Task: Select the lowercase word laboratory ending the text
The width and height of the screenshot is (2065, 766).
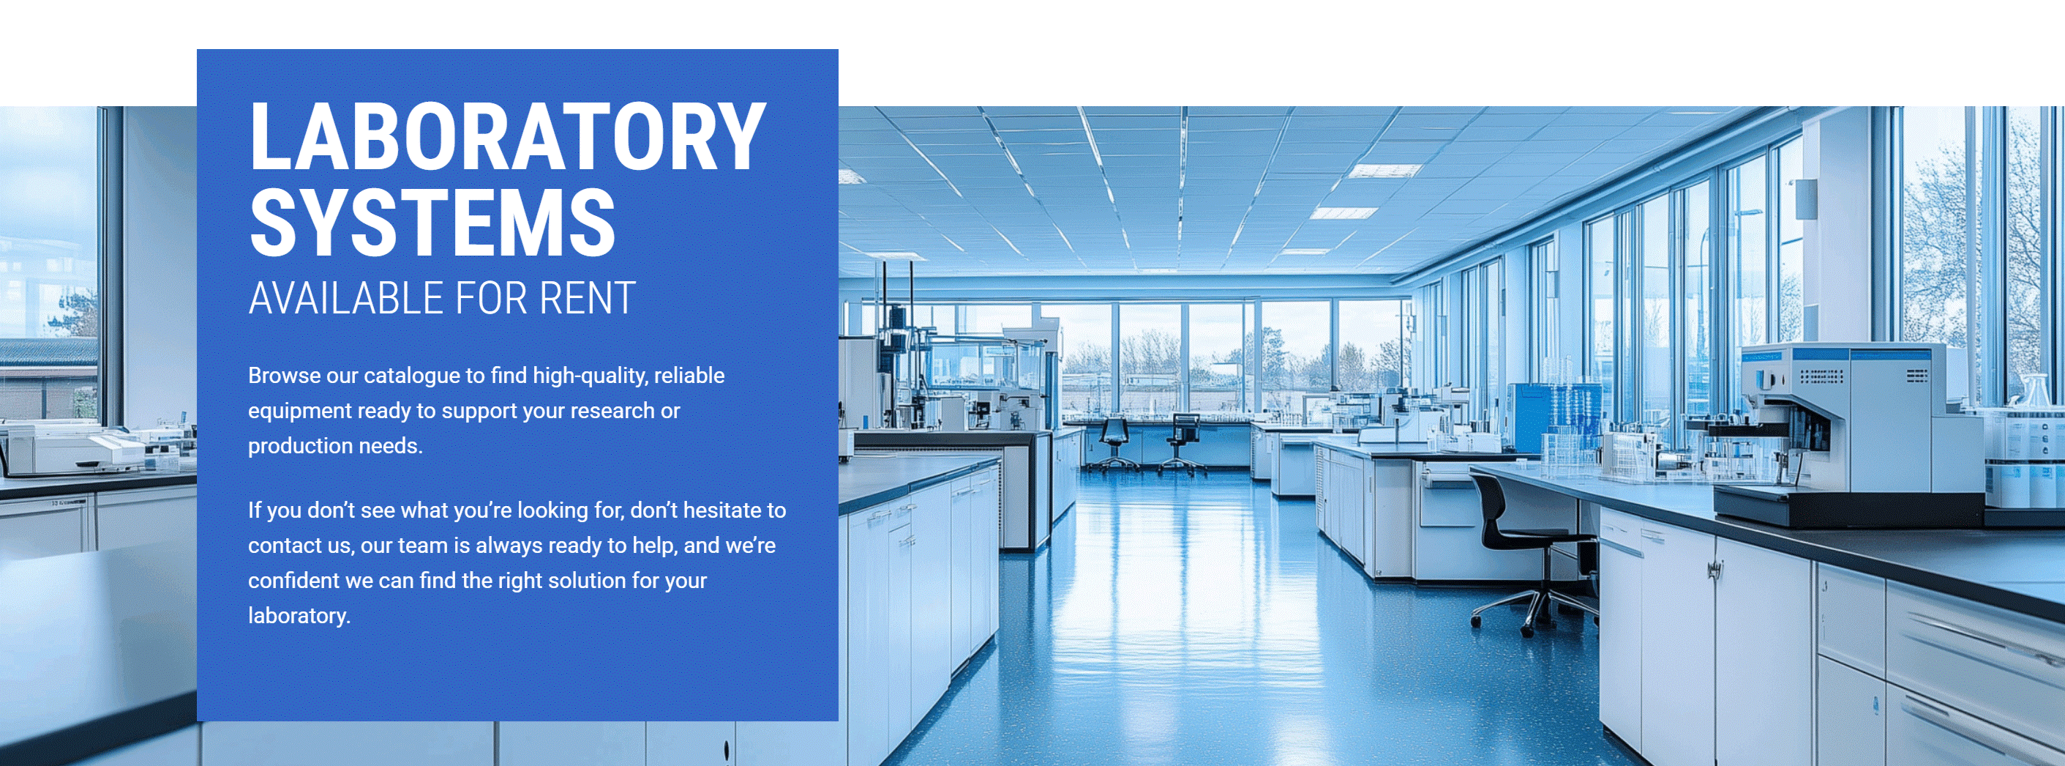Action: pyautogui.click(x=299, y=616)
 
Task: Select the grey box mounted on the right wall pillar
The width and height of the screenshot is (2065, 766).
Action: pyautogui.click(x=1806, y=199)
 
